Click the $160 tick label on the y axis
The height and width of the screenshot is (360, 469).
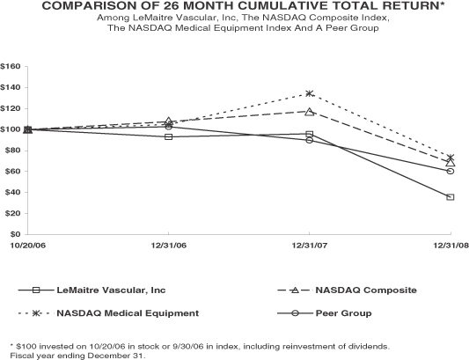11,66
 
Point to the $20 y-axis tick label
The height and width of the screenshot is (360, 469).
12,213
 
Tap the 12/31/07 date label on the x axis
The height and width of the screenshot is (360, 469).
310,246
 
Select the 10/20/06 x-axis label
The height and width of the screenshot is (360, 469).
28,246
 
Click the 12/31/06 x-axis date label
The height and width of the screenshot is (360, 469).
169,246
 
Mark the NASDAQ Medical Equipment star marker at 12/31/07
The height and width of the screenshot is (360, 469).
310,93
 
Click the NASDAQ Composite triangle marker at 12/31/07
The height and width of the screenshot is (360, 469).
310,112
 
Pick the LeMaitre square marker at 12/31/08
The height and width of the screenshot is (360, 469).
451,197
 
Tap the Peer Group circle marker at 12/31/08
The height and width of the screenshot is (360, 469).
451,171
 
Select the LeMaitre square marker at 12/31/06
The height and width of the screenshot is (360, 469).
169,136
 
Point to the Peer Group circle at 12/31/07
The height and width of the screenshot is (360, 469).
310,140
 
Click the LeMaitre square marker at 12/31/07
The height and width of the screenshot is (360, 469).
310,134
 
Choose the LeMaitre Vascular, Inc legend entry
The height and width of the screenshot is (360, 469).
92,290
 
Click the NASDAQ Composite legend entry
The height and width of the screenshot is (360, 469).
348,290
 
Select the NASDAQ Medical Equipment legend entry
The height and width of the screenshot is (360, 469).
108,313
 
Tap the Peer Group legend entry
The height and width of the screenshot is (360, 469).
325,313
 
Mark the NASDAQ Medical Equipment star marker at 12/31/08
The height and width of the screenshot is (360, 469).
451,158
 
